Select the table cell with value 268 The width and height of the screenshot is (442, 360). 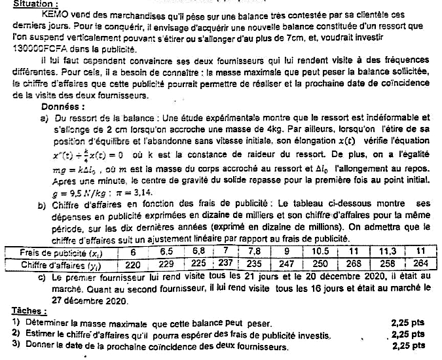[354, 264]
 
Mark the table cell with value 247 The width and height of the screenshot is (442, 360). [286, 264]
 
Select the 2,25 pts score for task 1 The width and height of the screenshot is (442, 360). [407, 323]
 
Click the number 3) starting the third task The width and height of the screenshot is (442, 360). [16, 346]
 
